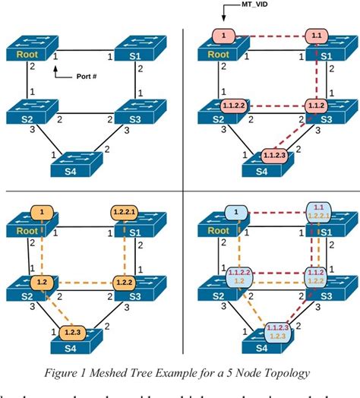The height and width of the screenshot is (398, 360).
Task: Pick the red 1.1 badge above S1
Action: click(317, 35)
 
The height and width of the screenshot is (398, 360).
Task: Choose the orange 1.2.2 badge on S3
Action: click(124, 283)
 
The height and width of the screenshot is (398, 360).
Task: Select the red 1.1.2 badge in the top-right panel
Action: click(317, 105)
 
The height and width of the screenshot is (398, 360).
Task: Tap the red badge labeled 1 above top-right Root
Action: click(225, 35)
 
